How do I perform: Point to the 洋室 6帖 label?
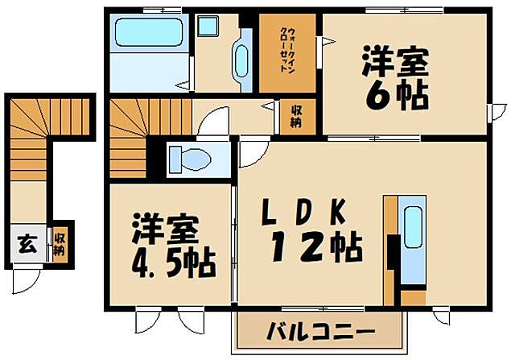395,78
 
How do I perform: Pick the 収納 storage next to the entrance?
60,244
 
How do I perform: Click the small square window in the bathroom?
208,26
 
